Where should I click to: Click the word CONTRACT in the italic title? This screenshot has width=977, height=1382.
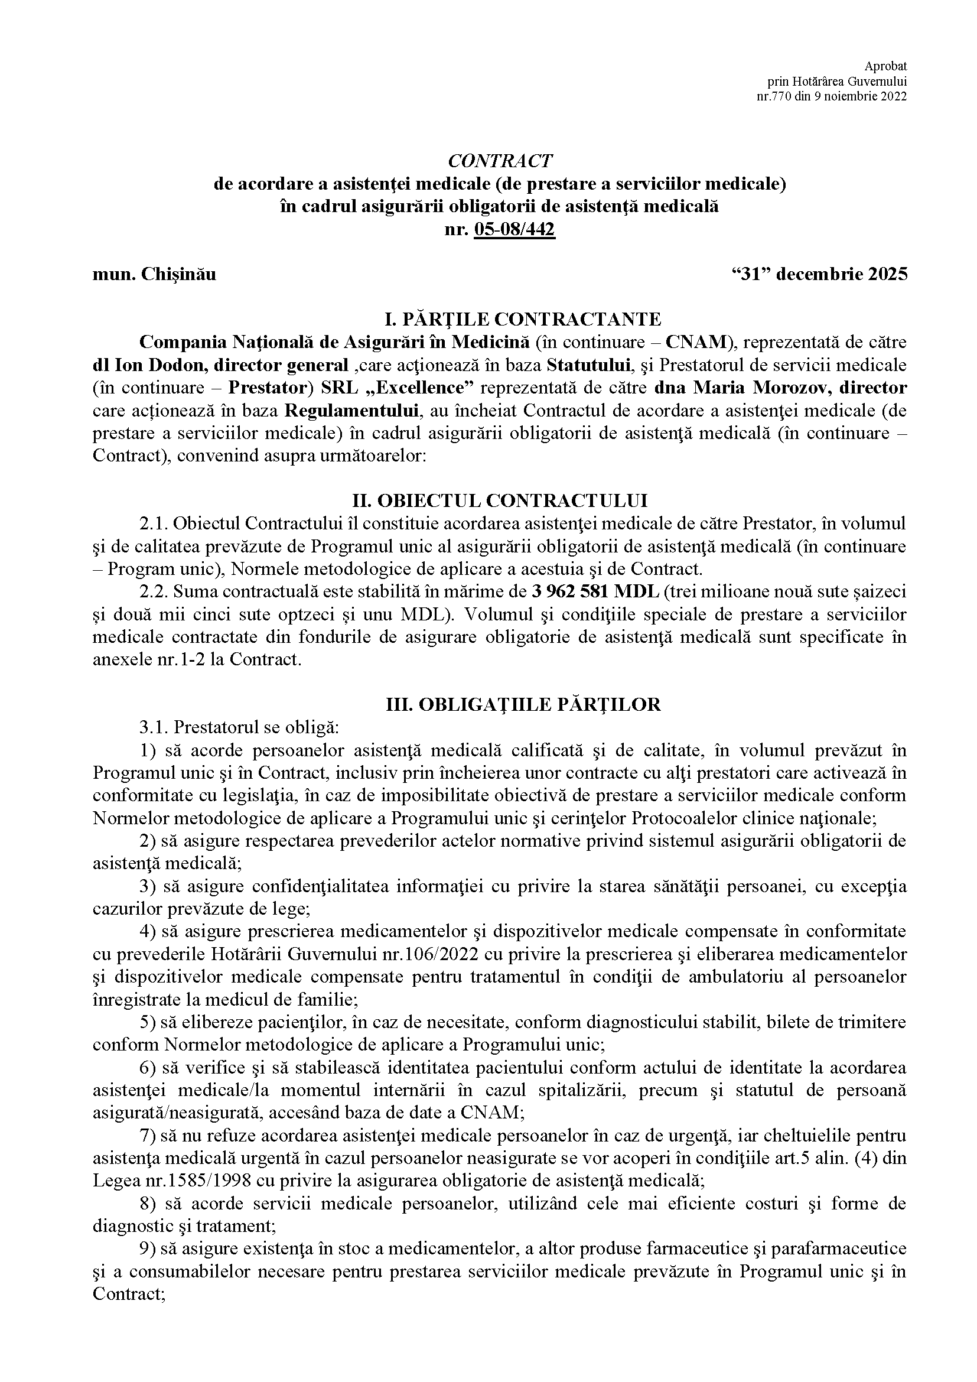pyautogui.click(x=499, y=161)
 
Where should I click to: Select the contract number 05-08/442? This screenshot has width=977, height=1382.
pyautogui.click(x=514, y=229)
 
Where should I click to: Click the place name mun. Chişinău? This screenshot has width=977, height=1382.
pyautogui.click(x=155, y=275)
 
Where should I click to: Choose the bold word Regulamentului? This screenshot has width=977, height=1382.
pyautogui.click(x=351, y=411)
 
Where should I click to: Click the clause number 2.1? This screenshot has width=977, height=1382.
pyautogui.click(x=154, y=523)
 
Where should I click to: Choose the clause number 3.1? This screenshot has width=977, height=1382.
pyautogui.click(x=154, y=728)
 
